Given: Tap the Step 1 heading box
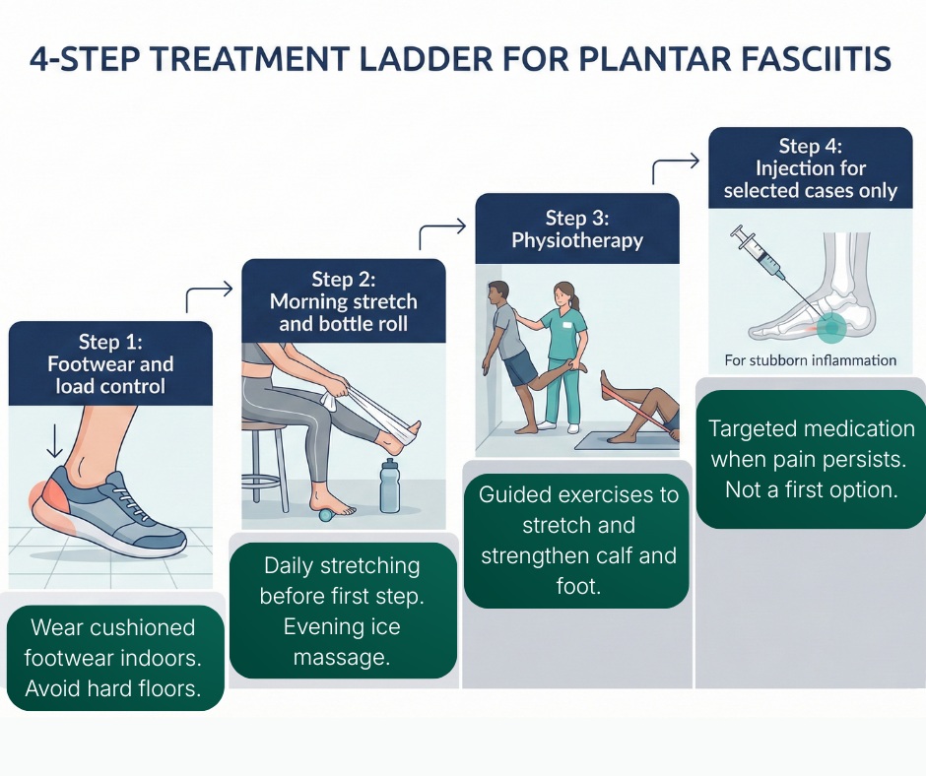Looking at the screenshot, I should [110, 363].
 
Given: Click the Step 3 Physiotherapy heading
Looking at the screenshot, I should [577, 228].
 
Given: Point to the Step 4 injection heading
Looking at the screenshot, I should [810, 168].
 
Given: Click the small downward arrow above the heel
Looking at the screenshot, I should [51, 440].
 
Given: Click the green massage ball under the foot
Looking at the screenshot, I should [327, 510].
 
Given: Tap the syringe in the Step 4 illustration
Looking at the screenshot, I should [761, 253].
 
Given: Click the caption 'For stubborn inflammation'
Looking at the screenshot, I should [810, 360].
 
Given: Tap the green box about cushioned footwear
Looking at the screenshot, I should [114, 659].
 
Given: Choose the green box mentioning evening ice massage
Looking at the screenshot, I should [343, 612].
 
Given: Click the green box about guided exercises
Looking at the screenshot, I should [577, 541].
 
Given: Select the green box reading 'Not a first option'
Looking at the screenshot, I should [811, 459].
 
